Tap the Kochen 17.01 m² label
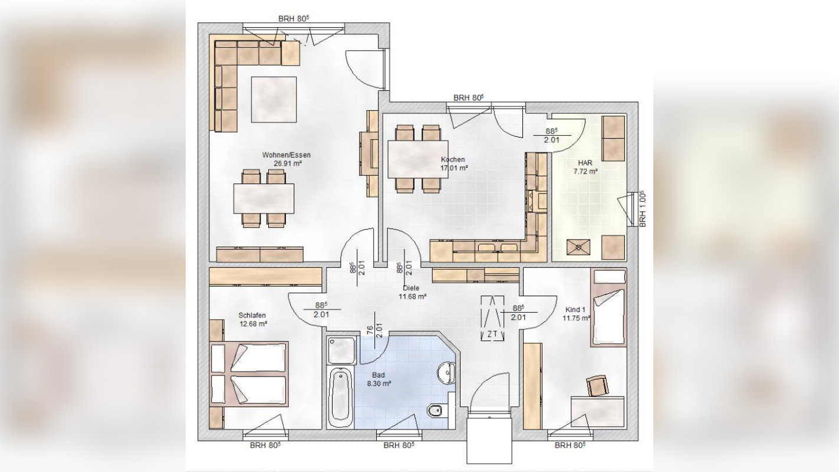pos(453,163)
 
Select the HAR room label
pos(585,166)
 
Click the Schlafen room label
pos(253,319)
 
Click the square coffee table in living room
pos(274,99)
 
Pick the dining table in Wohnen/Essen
pos(264,198)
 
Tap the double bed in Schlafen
pos(250,373)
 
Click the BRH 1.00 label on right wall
pos(643,209)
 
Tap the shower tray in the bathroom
pos(341,351)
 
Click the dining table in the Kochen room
pos(417,158)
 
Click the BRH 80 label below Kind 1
pos(570,445)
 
